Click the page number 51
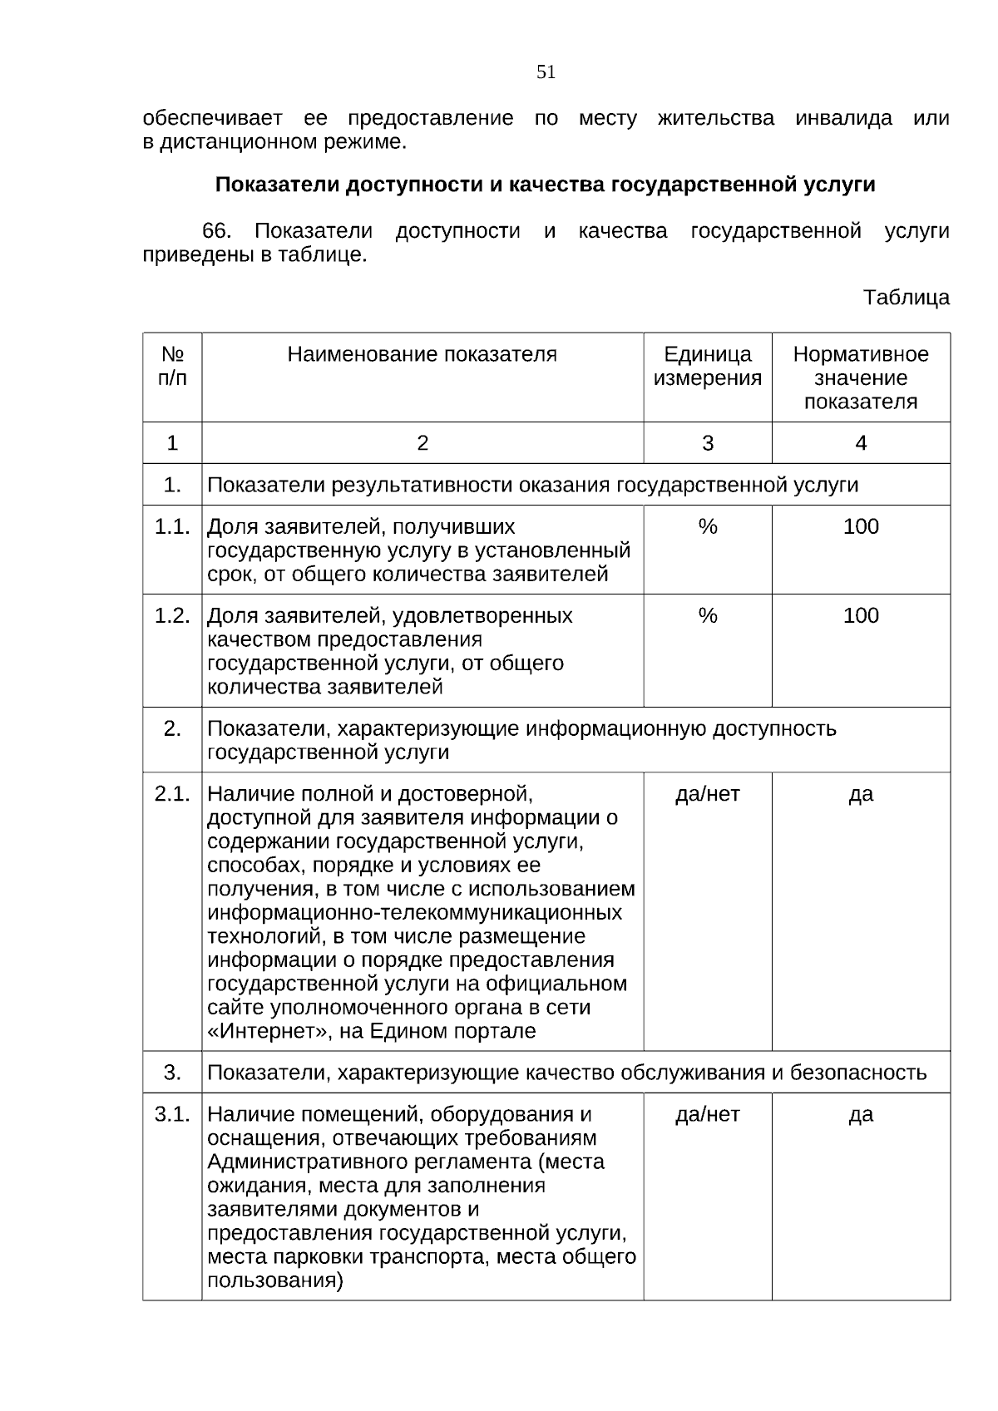pyautogui.click(x=546, y=72)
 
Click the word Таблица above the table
pyautogui.click(x=906, y=298)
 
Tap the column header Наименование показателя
pyautogui.click(x=422, y=355)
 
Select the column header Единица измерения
pyautogui.click(x=707, y=367)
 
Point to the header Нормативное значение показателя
pyautogui.click(x=861, y=378)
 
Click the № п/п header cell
pyautogui.click(x=172, y=366)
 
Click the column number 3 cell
pyautogui.click(x=707, y=443)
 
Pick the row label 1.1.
pyautogui.click(x=172, y=527)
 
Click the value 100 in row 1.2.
pyautogui.click(x=861, y=616)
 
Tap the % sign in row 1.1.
pyautogui.click(x=707, y=527)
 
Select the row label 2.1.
pyautogui.click(x=172, y=794)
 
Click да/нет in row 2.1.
pyautogui.click(x=707, y=794)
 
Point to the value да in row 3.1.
pyautogui.click(x=861, y=1114)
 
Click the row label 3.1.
pyautogui.click(x=172, y=1114)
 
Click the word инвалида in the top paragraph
pyautogui.click(x=843, y=118)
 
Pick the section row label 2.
pyautogui.click(x=172, y=729)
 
